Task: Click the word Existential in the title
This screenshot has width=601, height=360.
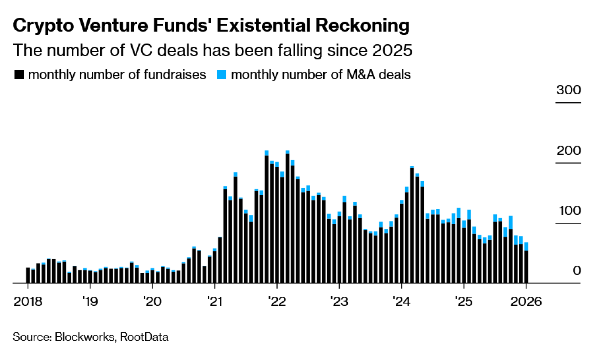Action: (x=263, y=25)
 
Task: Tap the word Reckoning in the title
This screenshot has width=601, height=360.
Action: (x=362, y=26)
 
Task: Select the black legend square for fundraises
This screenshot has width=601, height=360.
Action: (x=19, y=75)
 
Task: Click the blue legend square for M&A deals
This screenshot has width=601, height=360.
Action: (x=221, y=75)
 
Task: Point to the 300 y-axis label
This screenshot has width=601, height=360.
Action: (x=568, y=90)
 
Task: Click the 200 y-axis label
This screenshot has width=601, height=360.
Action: (x=569, y=151)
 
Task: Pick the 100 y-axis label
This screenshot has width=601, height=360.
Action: (x=570, y=211)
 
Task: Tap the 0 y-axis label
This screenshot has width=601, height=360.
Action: (x=577, y=271)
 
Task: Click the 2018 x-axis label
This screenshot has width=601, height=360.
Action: (x=28, y=301)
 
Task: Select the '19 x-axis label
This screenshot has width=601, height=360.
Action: (x=90, y=301)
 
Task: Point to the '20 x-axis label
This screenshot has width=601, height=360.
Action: (x=152, y=301)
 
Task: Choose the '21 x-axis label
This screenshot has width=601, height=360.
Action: (x=215, y=301)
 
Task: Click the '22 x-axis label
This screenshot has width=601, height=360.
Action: (x=277, y=301)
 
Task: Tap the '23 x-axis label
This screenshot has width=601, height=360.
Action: (x=339, y=301)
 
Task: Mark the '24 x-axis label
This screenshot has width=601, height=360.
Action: (x=401, y=301)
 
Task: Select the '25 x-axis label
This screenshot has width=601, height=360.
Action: (x=464, y=301)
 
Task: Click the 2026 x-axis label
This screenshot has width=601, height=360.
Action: (x=526, y=301)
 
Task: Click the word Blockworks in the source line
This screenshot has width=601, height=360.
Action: (x=85, y=337)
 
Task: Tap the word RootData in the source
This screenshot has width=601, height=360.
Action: (x=144, y=337)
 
